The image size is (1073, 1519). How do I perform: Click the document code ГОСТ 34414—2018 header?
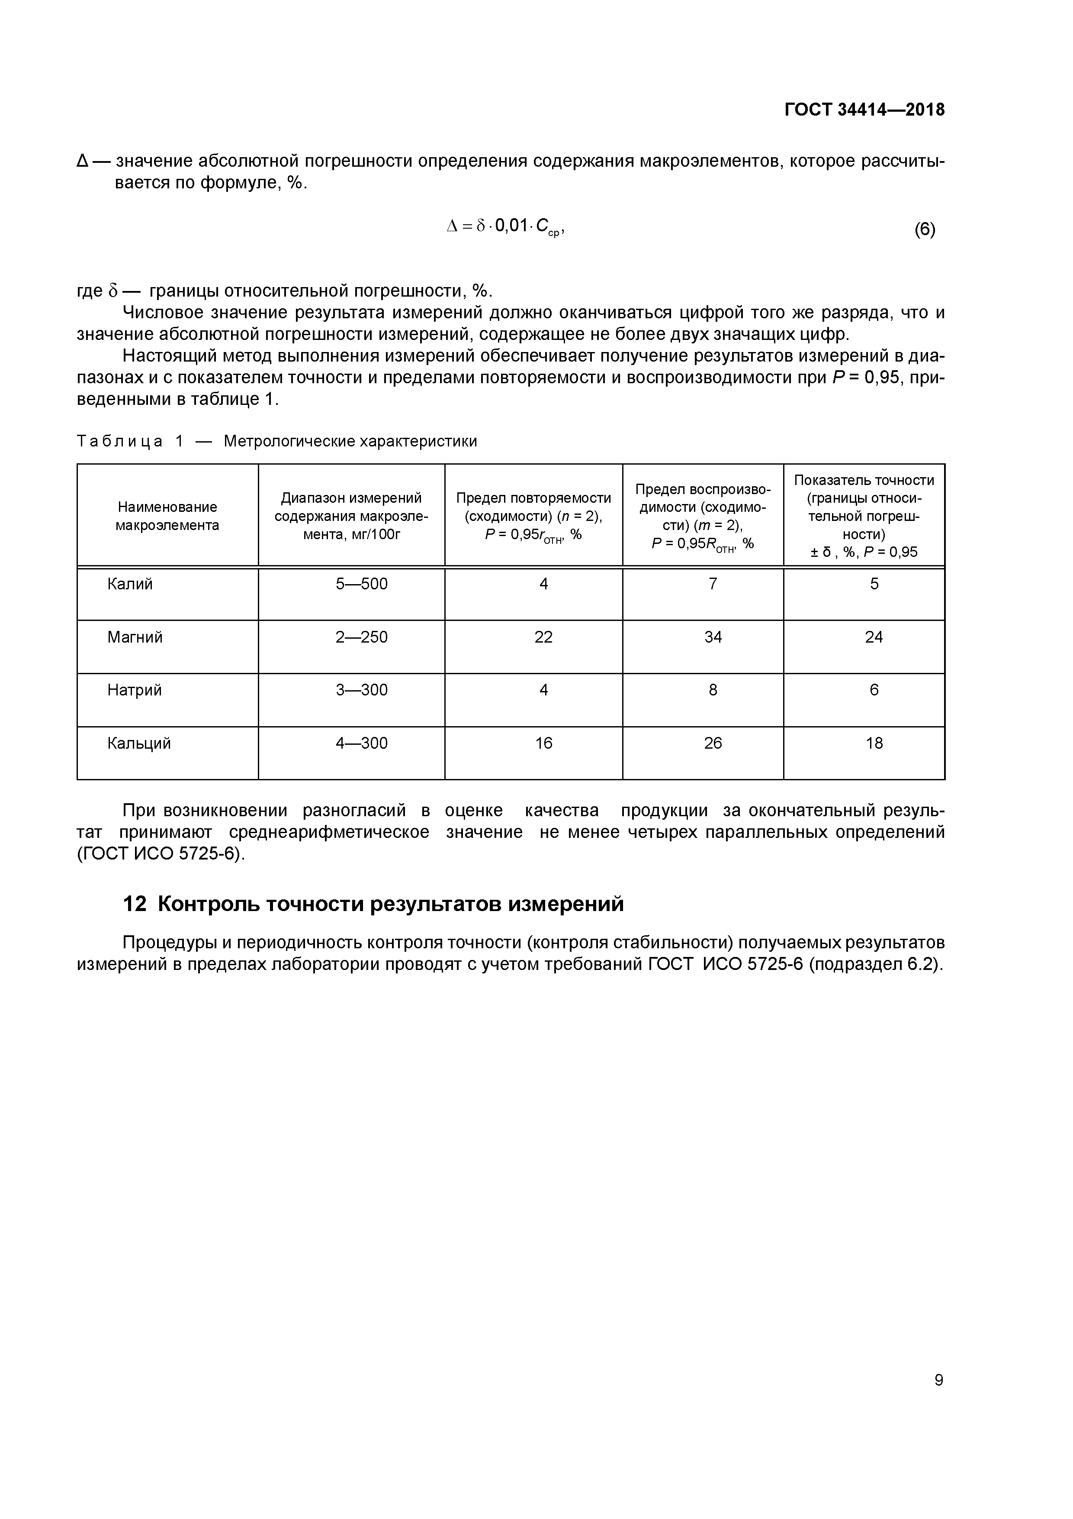tap(865, 110)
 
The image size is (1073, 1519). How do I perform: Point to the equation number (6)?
tap(924, 229)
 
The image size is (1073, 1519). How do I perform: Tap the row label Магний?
tap(135, 637)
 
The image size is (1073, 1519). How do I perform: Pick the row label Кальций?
tap(139, 743)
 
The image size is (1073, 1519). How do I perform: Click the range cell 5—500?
tap(362, 584)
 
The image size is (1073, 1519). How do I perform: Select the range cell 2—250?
tap(362, 637)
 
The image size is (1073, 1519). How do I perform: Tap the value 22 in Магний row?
tap(543, 637)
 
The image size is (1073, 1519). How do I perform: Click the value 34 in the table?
tap(713, 637)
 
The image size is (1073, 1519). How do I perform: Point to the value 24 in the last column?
tap(874, 637)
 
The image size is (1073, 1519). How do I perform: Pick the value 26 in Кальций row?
tap(713, 743)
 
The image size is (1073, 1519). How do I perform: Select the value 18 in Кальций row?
tap(874, 743)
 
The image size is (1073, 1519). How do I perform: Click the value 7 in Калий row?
tap(713, 584)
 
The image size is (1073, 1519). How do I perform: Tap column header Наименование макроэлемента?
tap(167, 516)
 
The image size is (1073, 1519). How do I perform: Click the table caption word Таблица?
tap(120, 441)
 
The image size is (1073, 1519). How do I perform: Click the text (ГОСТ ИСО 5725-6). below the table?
tap(161, 854)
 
